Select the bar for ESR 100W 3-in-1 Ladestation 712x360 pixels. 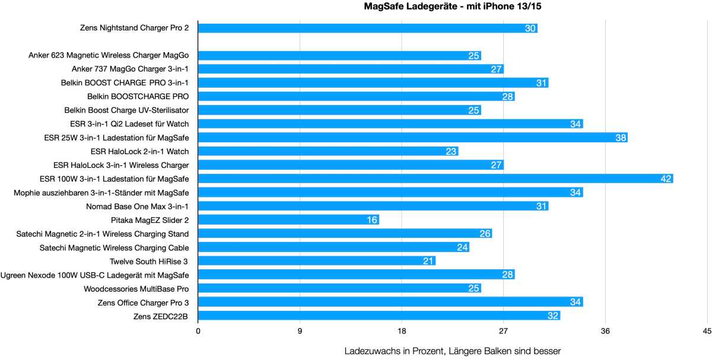tap(435, 179)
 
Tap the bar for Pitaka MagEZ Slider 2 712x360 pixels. tap(288, 220)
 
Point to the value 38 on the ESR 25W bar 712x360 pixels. tap(621, 138)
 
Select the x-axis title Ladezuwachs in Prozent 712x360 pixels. tap(452, 351)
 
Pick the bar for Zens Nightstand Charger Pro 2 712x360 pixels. tap(367, 28)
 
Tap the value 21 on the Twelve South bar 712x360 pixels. tap(429, 261)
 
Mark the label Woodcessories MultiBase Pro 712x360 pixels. tap(136, 288)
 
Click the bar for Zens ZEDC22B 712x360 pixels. tap(379, 316)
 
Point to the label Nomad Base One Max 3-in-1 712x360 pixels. tap(138, 206)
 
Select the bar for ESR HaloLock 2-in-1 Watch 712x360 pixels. tap(328, 151)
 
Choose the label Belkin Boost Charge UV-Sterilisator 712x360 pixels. tap(126, 110)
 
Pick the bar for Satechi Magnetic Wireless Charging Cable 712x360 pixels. tap(333, 247)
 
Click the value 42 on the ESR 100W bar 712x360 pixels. tap(666, 179)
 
